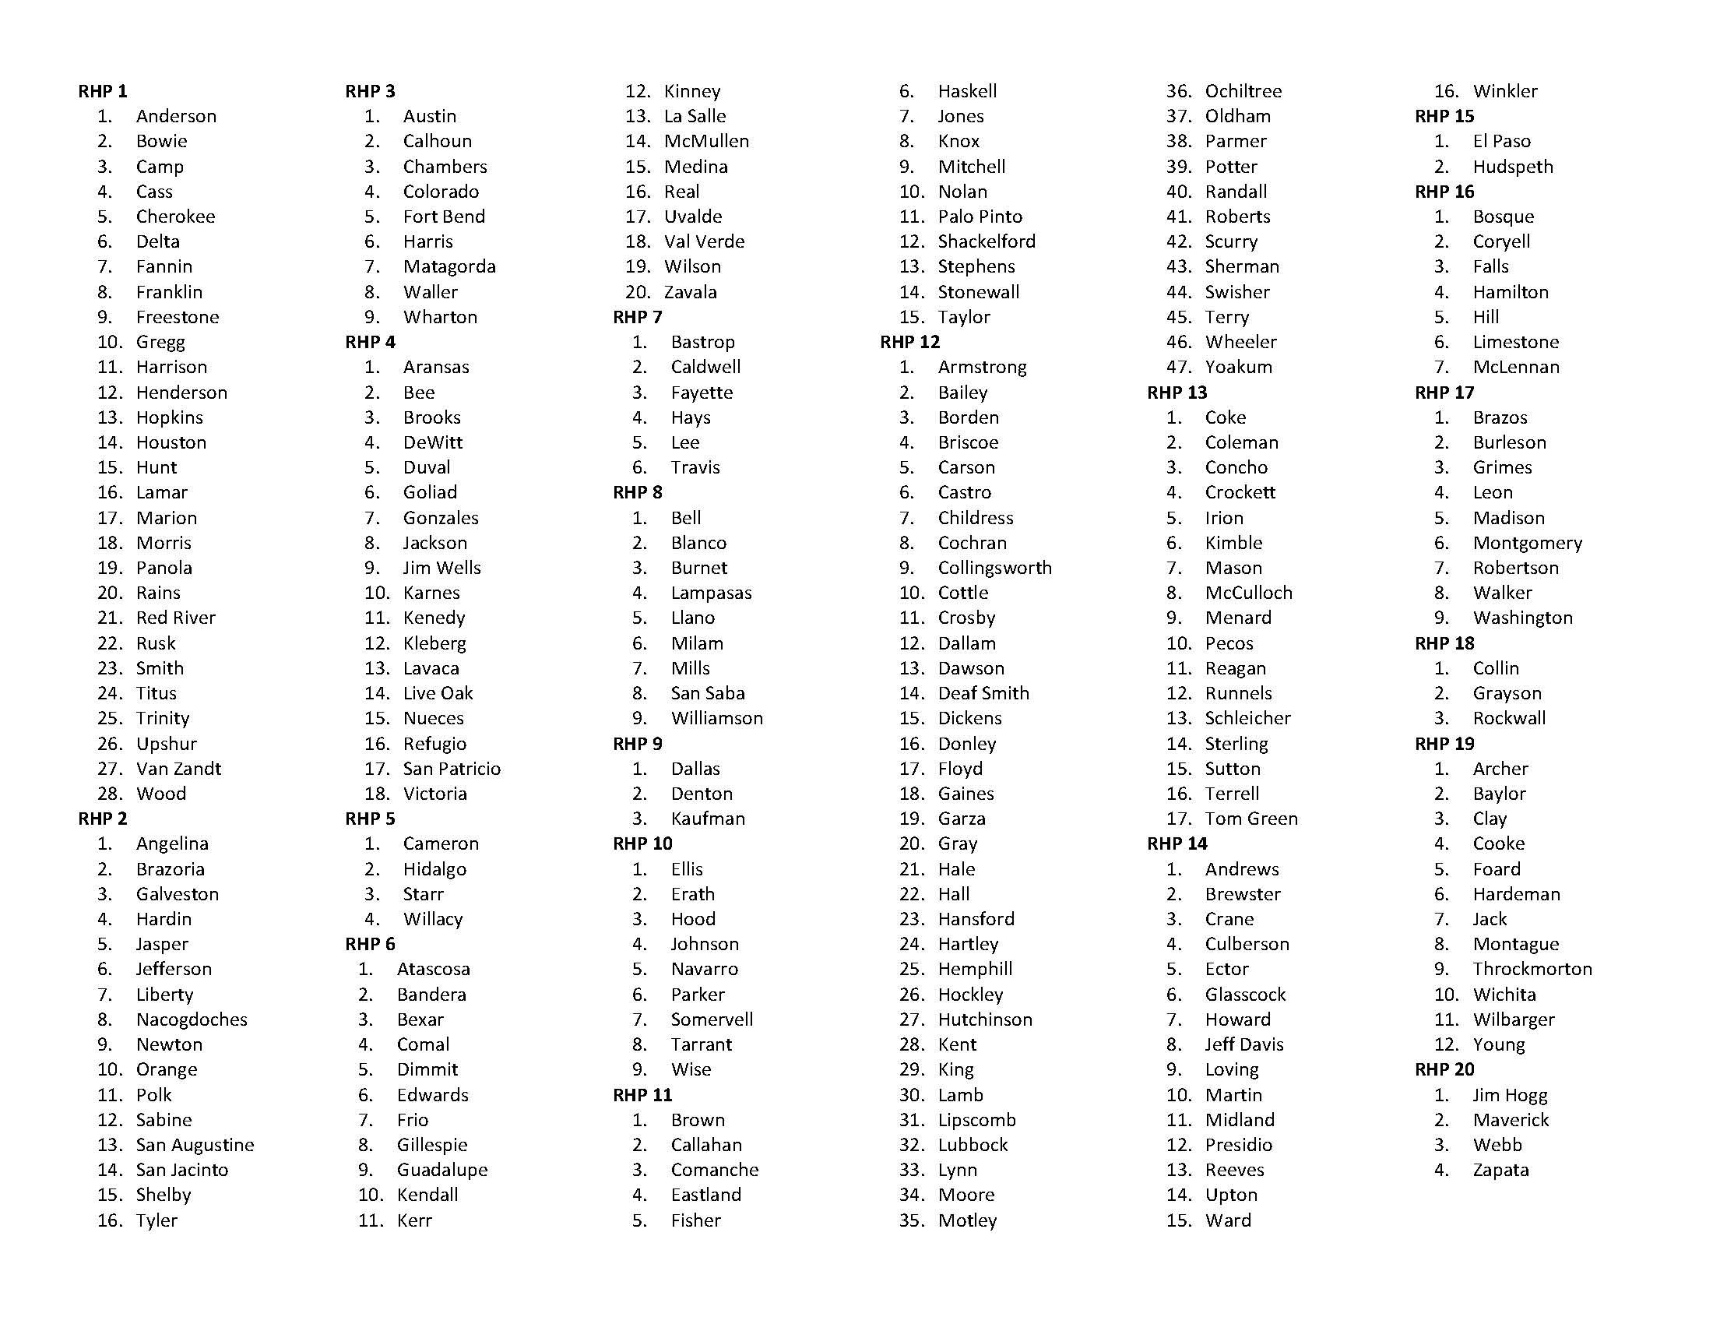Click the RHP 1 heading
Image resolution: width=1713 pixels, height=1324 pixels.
(x=103, y=91)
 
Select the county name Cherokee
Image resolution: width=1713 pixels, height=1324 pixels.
(x=175, y=217)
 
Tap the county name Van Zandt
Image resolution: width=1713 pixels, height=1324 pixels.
(x=178, y=769)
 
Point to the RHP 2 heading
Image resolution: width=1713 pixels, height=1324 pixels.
(x=103, y=819)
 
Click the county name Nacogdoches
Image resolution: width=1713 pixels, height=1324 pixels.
(x=192, y=1019)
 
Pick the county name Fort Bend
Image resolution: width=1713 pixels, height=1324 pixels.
(x=444, y=217)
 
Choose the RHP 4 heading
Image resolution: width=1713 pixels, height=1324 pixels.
(x=370, y=342)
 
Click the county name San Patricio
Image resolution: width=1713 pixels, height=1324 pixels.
(x=452, y=769)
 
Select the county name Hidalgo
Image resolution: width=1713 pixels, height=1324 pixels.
(x=434, y=869)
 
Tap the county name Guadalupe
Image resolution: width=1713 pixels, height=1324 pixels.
(x=441, y=1171)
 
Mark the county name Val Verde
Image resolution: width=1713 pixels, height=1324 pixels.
(x=705, y=241)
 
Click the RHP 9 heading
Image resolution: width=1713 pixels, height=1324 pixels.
(x=638, y=744)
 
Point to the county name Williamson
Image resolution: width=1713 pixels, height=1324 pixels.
(x=717, y=719)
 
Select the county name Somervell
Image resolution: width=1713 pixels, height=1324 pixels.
(x=712, y=1019)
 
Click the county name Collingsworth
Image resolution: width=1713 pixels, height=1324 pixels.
(x=994, y=568)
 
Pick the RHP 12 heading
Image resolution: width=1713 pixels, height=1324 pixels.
(x=909, y=342)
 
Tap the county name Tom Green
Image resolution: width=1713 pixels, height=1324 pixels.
(x=1251, y=819)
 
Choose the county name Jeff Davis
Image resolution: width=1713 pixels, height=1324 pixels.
(x=1244, y=1044)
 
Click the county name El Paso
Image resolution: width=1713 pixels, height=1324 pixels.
(x=1501, y=141)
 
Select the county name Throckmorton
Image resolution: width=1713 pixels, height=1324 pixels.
(x=1532, y=970)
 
